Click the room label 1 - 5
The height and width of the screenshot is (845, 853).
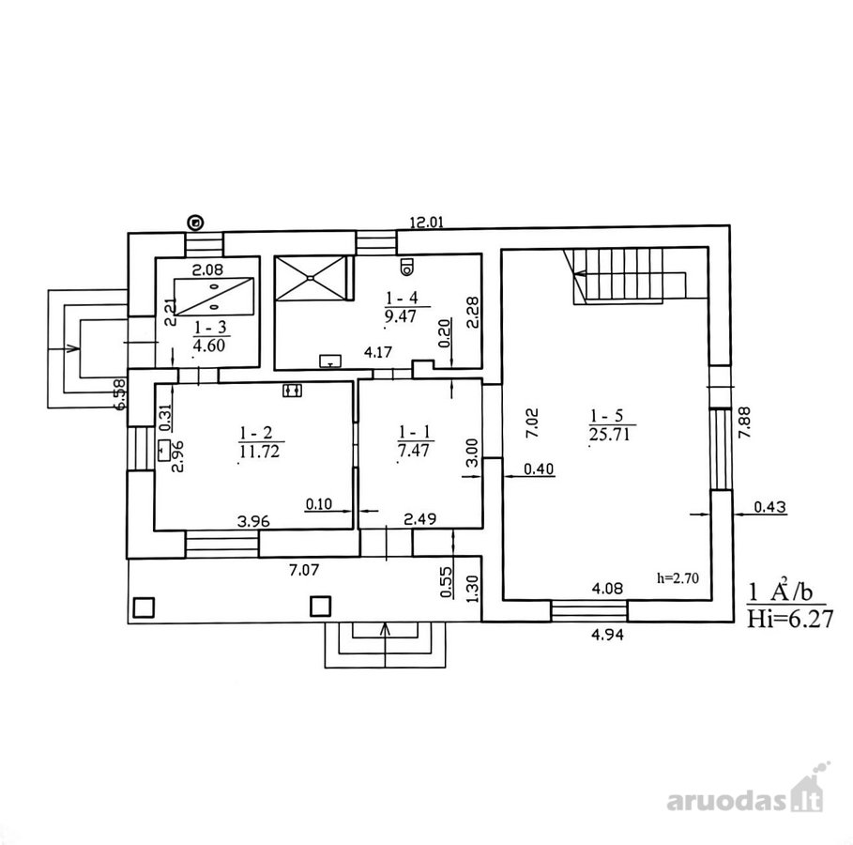(x=606, y=416)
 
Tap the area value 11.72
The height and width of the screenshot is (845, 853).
(x=259, y=452)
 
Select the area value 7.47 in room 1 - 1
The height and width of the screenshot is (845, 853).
(x=414, y=451)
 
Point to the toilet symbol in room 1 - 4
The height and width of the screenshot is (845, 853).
(x=406, y=267)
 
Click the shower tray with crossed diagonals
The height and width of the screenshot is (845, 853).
(x=310, y=278)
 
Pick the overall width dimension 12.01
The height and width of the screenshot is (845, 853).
(x=426, y=223)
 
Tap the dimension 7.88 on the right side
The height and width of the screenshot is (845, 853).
(x=744, y=422)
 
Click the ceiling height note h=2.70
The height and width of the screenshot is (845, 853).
(x=678, y=577)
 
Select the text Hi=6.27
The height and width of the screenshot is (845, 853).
(x=790, y=619)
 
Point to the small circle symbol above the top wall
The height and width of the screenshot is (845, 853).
(x=195, y=223)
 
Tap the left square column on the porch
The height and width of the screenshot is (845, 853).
(x=144, y=607)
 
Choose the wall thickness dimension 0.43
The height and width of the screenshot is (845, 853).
(x=769, y=507)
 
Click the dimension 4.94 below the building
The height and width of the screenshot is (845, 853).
(x=607, y=635)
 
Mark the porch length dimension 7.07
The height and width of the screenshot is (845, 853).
(x=304, y=570)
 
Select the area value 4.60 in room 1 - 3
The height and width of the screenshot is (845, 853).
(x=209, y=346)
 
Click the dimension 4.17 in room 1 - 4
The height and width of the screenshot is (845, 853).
(x=378, y=352)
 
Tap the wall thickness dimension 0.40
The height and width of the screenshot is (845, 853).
(x=539, y=469)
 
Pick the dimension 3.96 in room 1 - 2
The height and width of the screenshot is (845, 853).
(x=253, y=521)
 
